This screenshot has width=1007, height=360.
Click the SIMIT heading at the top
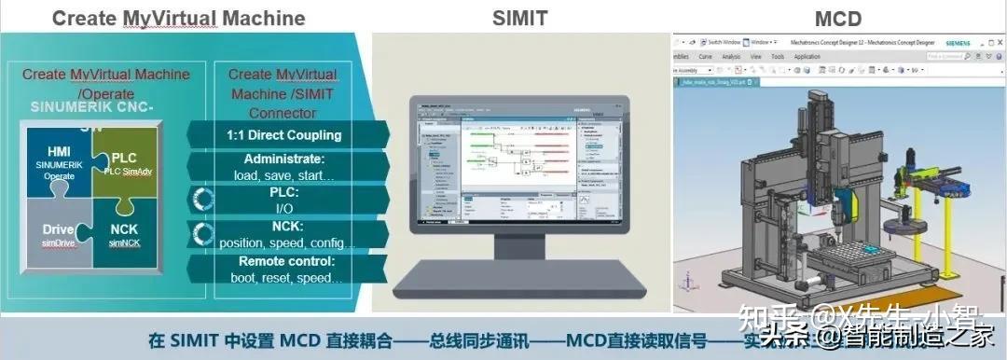tap(520, 18)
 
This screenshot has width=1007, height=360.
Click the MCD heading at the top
tap(837, 18)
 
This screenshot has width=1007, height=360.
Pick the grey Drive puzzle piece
tap(58, 235)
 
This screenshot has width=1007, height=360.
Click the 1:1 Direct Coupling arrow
tap(284, 134)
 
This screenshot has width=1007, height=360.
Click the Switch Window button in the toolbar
tap(724, 43)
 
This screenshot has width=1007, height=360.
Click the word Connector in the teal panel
tap(283, 113)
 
